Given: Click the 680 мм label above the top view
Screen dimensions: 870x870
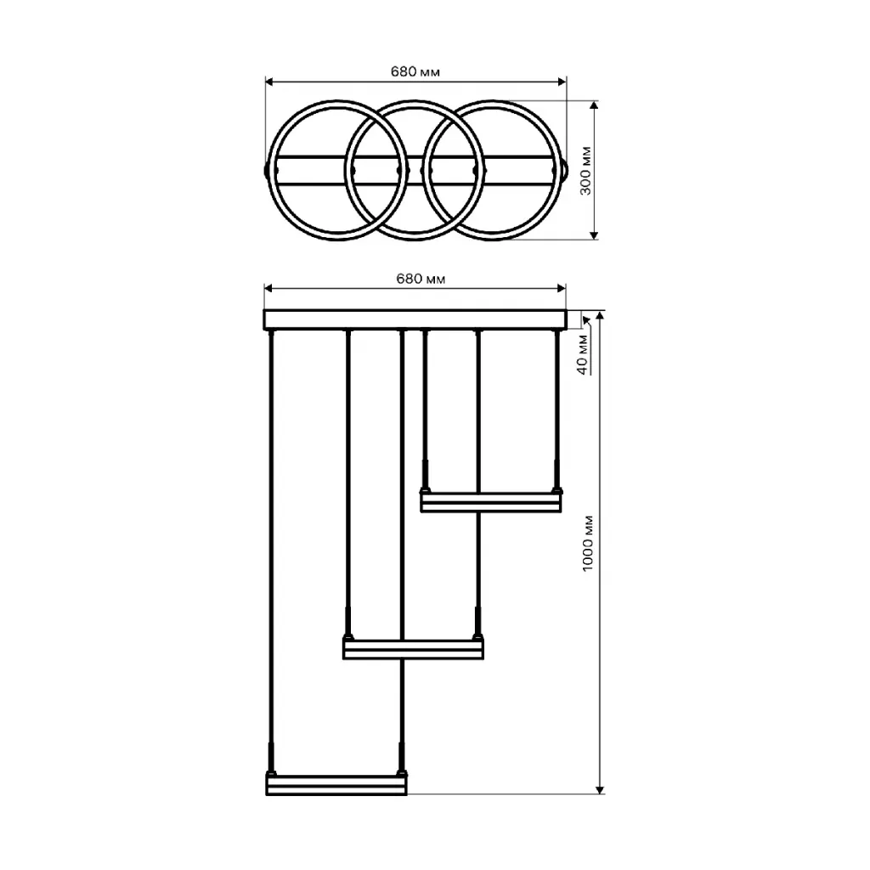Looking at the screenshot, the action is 415,71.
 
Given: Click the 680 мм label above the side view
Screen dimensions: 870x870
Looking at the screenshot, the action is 421,279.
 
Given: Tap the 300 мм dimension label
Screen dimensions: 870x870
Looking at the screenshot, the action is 586,171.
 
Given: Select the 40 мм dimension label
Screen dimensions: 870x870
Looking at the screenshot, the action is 582,354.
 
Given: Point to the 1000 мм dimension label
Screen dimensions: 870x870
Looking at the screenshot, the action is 588,544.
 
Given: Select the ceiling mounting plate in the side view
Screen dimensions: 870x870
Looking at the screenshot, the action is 415,319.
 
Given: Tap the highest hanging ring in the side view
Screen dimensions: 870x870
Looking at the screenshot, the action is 490,502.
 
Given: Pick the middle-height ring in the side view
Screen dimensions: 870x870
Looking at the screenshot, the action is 414,649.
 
